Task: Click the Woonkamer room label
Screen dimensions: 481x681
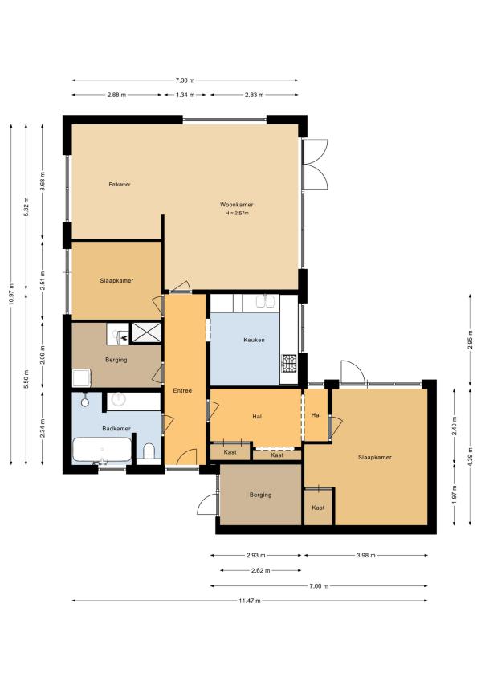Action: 237,205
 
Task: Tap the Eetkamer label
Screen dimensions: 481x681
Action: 120,184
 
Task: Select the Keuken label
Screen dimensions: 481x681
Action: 254,340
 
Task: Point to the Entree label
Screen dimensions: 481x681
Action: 182,390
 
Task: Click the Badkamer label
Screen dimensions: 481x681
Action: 116,429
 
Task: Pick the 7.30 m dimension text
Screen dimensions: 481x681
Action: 185,80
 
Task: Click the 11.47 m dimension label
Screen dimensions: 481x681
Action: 250,601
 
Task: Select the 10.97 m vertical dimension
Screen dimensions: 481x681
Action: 11,295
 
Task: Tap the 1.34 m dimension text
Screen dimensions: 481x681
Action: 185,95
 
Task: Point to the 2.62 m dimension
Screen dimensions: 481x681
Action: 260,570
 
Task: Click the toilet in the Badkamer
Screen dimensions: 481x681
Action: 149,451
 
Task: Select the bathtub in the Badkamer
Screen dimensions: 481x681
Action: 102,450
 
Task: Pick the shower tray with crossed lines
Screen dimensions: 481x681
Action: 146,332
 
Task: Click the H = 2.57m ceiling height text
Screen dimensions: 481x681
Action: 237,214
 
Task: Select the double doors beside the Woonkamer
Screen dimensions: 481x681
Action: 316,164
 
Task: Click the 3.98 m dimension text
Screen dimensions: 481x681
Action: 365,555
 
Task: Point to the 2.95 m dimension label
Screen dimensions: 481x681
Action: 470,338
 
